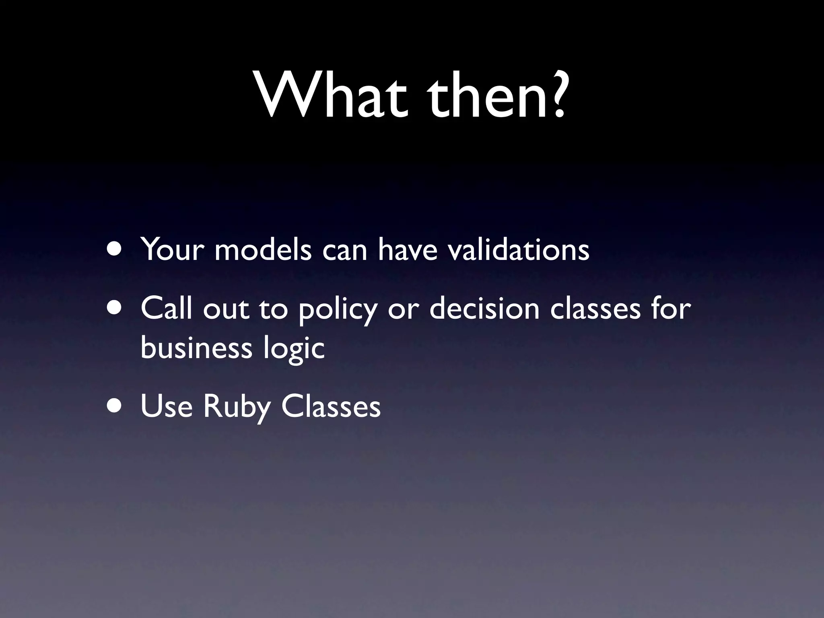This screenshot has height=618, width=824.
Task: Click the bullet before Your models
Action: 115,249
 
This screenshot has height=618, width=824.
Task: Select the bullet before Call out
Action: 115,308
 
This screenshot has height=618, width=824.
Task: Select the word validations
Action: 519,249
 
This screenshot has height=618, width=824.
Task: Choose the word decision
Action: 484,308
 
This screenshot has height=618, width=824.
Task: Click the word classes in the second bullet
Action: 595,308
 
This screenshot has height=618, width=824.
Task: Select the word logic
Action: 294,348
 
